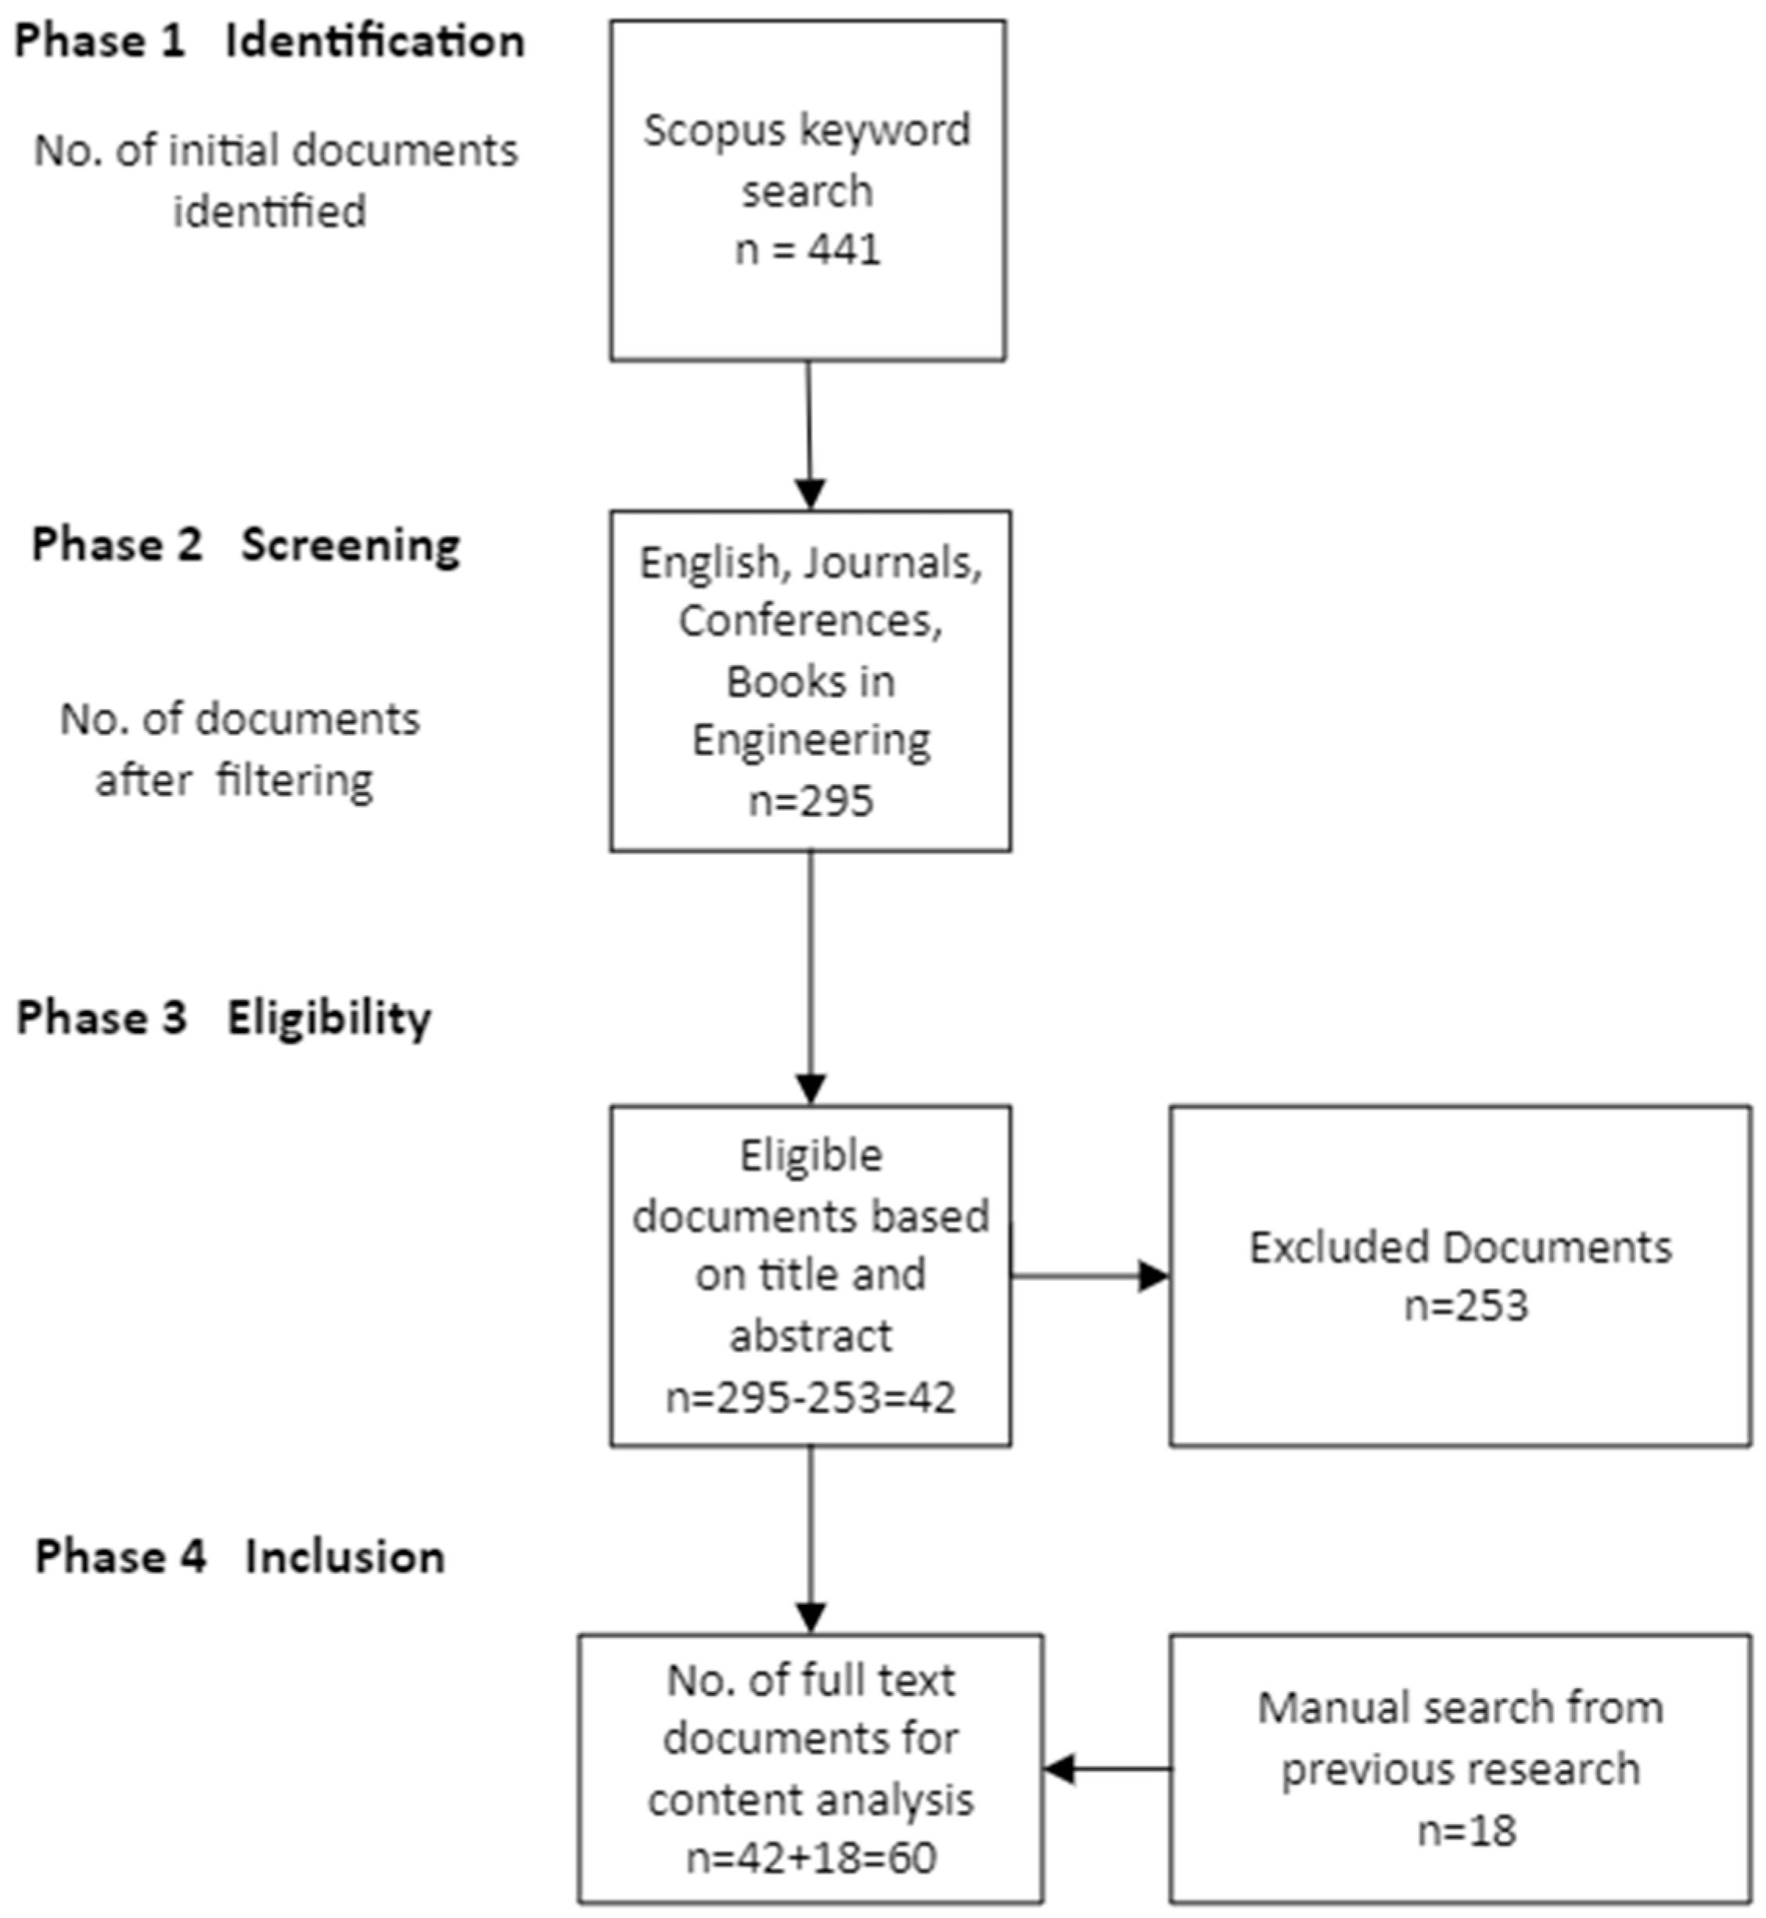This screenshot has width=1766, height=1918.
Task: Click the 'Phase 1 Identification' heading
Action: [x=269, y=42]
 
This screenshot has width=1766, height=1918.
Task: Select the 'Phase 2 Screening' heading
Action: [x=246, y=545]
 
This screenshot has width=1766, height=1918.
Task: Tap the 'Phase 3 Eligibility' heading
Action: [x=224, y=1018]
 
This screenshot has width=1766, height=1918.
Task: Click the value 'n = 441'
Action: [x=807, y=250]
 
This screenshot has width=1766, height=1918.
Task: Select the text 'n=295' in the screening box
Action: [x=811, y=801]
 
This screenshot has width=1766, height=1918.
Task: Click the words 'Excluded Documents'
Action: [x=1460, y=1247]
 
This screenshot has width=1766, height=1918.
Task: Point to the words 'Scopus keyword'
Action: [x=807, y=130]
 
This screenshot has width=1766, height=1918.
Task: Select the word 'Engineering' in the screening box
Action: [x=811, y=740]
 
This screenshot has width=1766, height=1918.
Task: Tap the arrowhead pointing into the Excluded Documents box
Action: [x=1154, y=1276]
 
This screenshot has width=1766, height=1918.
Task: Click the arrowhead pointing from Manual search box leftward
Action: [x=1059, y=1769]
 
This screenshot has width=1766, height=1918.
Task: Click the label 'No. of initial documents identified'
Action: [x=275, y=180]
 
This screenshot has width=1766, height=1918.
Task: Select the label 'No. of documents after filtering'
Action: [x=239, y=749]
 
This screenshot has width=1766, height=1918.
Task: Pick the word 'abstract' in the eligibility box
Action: [x=811, y=1336]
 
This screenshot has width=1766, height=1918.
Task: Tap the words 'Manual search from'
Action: [x=1460, y=1707]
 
